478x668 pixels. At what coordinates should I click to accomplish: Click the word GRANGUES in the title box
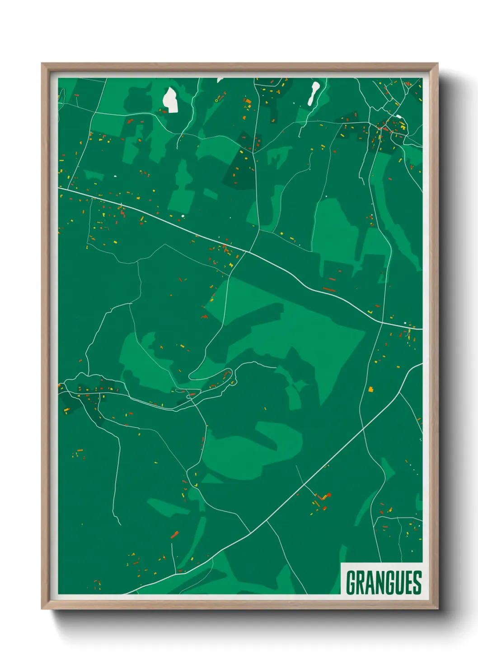(x=383, y=582)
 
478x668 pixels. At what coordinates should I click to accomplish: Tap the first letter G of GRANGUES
(x=351, y=582)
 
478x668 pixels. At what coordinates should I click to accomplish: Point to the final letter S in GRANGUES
(x=417, y=582)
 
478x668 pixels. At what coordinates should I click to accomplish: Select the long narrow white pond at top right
(x=313, y=93)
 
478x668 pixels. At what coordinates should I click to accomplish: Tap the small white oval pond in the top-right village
(x=399, y=117)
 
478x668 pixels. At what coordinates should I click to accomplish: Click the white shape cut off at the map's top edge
(x=220, y=80)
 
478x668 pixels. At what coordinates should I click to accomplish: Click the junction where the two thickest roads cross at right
(x=382, y=322)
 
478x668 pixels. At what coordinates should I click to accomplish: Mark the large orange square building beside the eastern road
(x=371, y=389)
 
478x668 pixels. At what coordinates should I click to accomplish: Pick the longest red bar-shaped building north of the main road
(x=329, y=289)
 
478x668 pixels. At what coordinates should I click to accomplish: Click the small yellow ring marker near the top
(x=216, y=100)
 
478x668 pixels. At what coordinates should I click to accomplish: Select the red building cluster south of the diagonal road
(x=322, y=500)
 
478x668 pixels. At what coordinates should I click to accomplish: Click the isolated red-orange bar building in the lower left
(x=174, y=535)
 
